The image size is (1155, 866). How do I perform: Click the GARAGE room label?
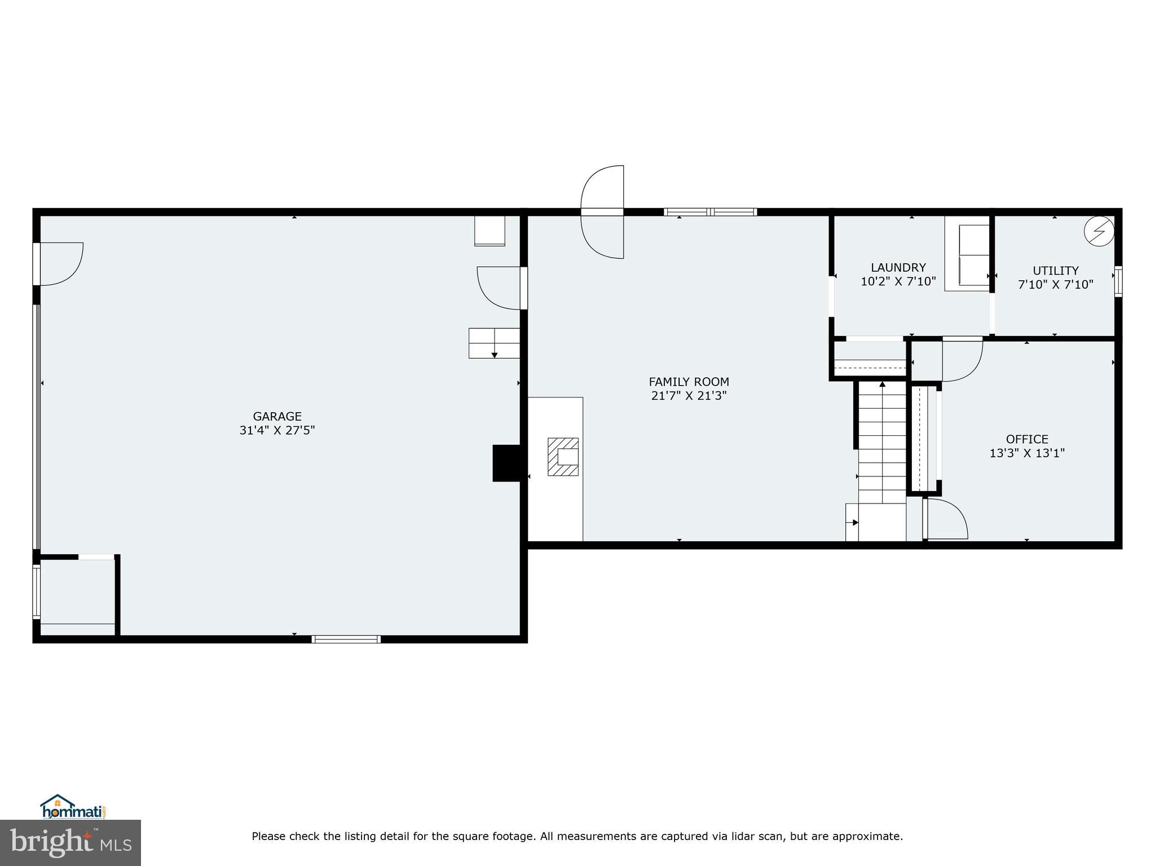(x=277, y=416)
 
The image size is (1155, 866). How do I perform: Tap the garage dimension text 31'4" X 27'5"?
(x=277, y=430)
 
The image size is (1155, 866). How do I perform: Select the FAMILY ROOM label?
(x=689, y=382)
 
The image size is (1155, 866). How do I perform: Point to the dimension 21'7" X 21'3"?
(x=689, y=396)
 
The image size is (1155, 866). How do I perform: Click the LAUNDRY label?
(x=898, y=267)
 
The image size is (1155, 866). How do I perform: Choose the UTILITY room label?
(x=1055, y=271)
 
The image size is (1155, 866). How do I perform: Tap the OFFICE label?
(x=1027, y=439)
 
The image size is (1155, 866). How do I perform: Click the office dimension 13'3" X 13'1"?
(x=1027, y=453)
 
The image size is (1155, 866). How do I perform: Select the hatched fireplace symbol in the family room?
(x=563, y=457)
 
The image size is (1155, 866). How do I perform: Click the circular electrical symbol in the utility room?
(x=1099, y=231)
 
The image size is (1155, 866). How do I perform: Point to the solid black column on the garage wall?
(x=509, y=463)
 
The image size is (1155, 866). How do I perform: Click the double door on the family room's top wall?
(x=602, y=212)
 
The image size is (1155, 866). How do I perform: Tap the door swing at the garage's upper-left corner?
(x=59, y=263)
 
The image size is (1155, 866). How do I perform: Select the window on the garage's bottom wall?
(x=346, y=639)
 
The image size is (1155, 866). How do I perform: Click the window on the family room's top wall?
(x=710, y=212)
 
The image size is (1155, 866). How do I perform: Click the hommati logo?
(x=73, y=807)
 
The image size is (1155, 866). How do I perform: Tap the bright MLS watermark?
(x=70, y=843)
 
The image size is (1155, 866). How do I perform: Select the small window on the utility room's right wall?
(x=1118, y=281)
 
